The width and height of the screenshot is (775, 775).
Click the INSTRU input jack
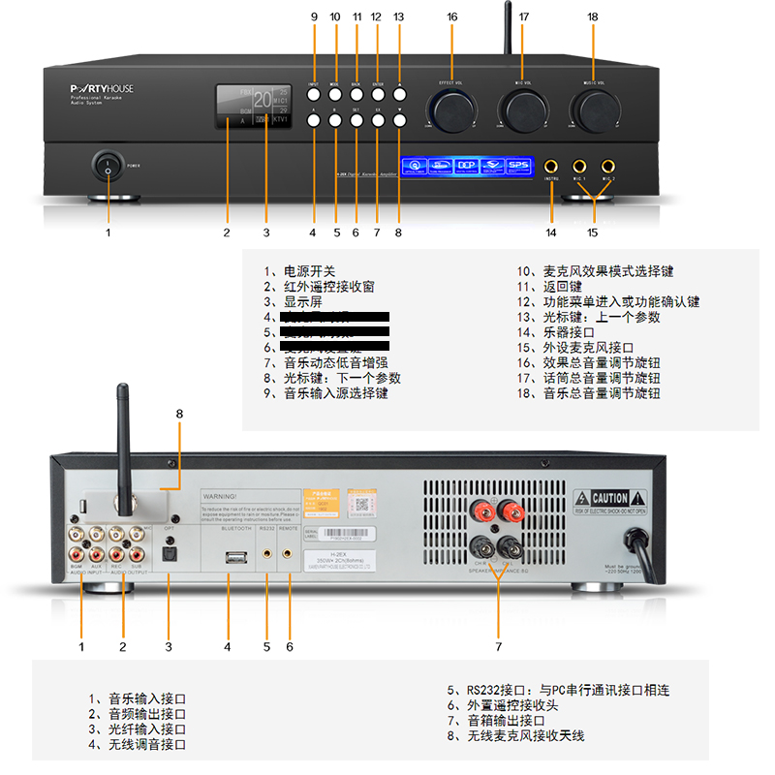point(552,166)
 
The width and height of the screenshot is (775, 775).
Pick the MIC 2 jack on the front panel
point(608,166)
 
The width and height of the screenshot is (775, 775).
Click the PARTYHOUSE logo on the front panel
point(109,88)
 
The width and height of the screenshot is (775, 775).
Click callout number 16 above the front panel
point(452,16)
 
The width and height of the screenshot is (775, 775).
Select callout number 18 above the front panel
point(593,16)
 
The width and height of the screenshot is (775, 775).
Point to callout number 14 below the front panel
point(551,232)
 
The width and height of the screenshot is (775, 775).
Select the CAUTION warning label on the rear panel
point(603,498)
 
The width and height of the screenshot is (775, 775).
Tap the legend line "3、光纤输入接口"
point(137,729)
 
